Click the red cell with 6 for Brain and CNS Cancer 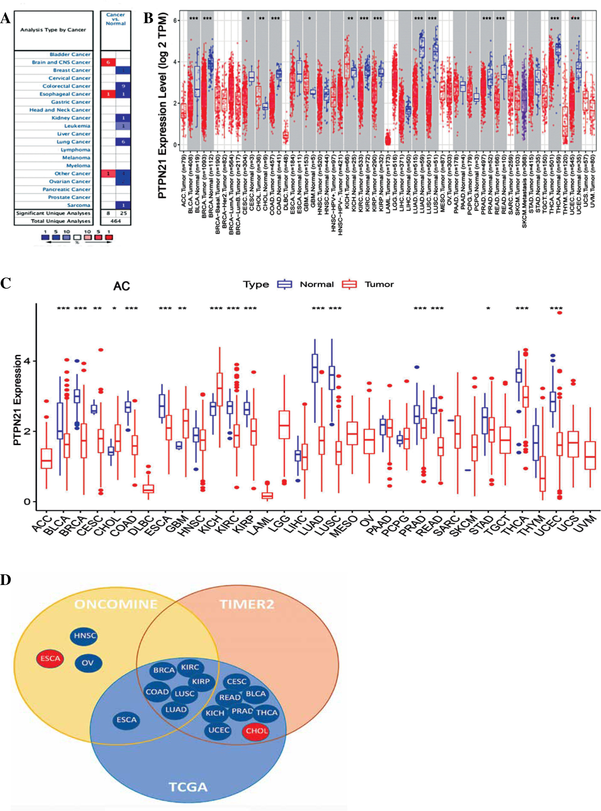108,62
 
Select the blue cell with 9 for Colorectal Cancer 123,86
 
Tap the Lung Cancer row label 73,142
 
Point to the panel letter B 148,18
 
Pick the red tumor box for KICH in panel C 219,389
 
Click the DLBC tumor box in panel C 148,488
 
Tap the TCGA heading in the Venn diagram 188,787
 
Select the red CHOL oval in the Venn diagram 257,731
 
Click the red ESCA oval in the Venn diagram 50,658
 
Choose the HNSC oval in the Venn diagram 85,636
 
